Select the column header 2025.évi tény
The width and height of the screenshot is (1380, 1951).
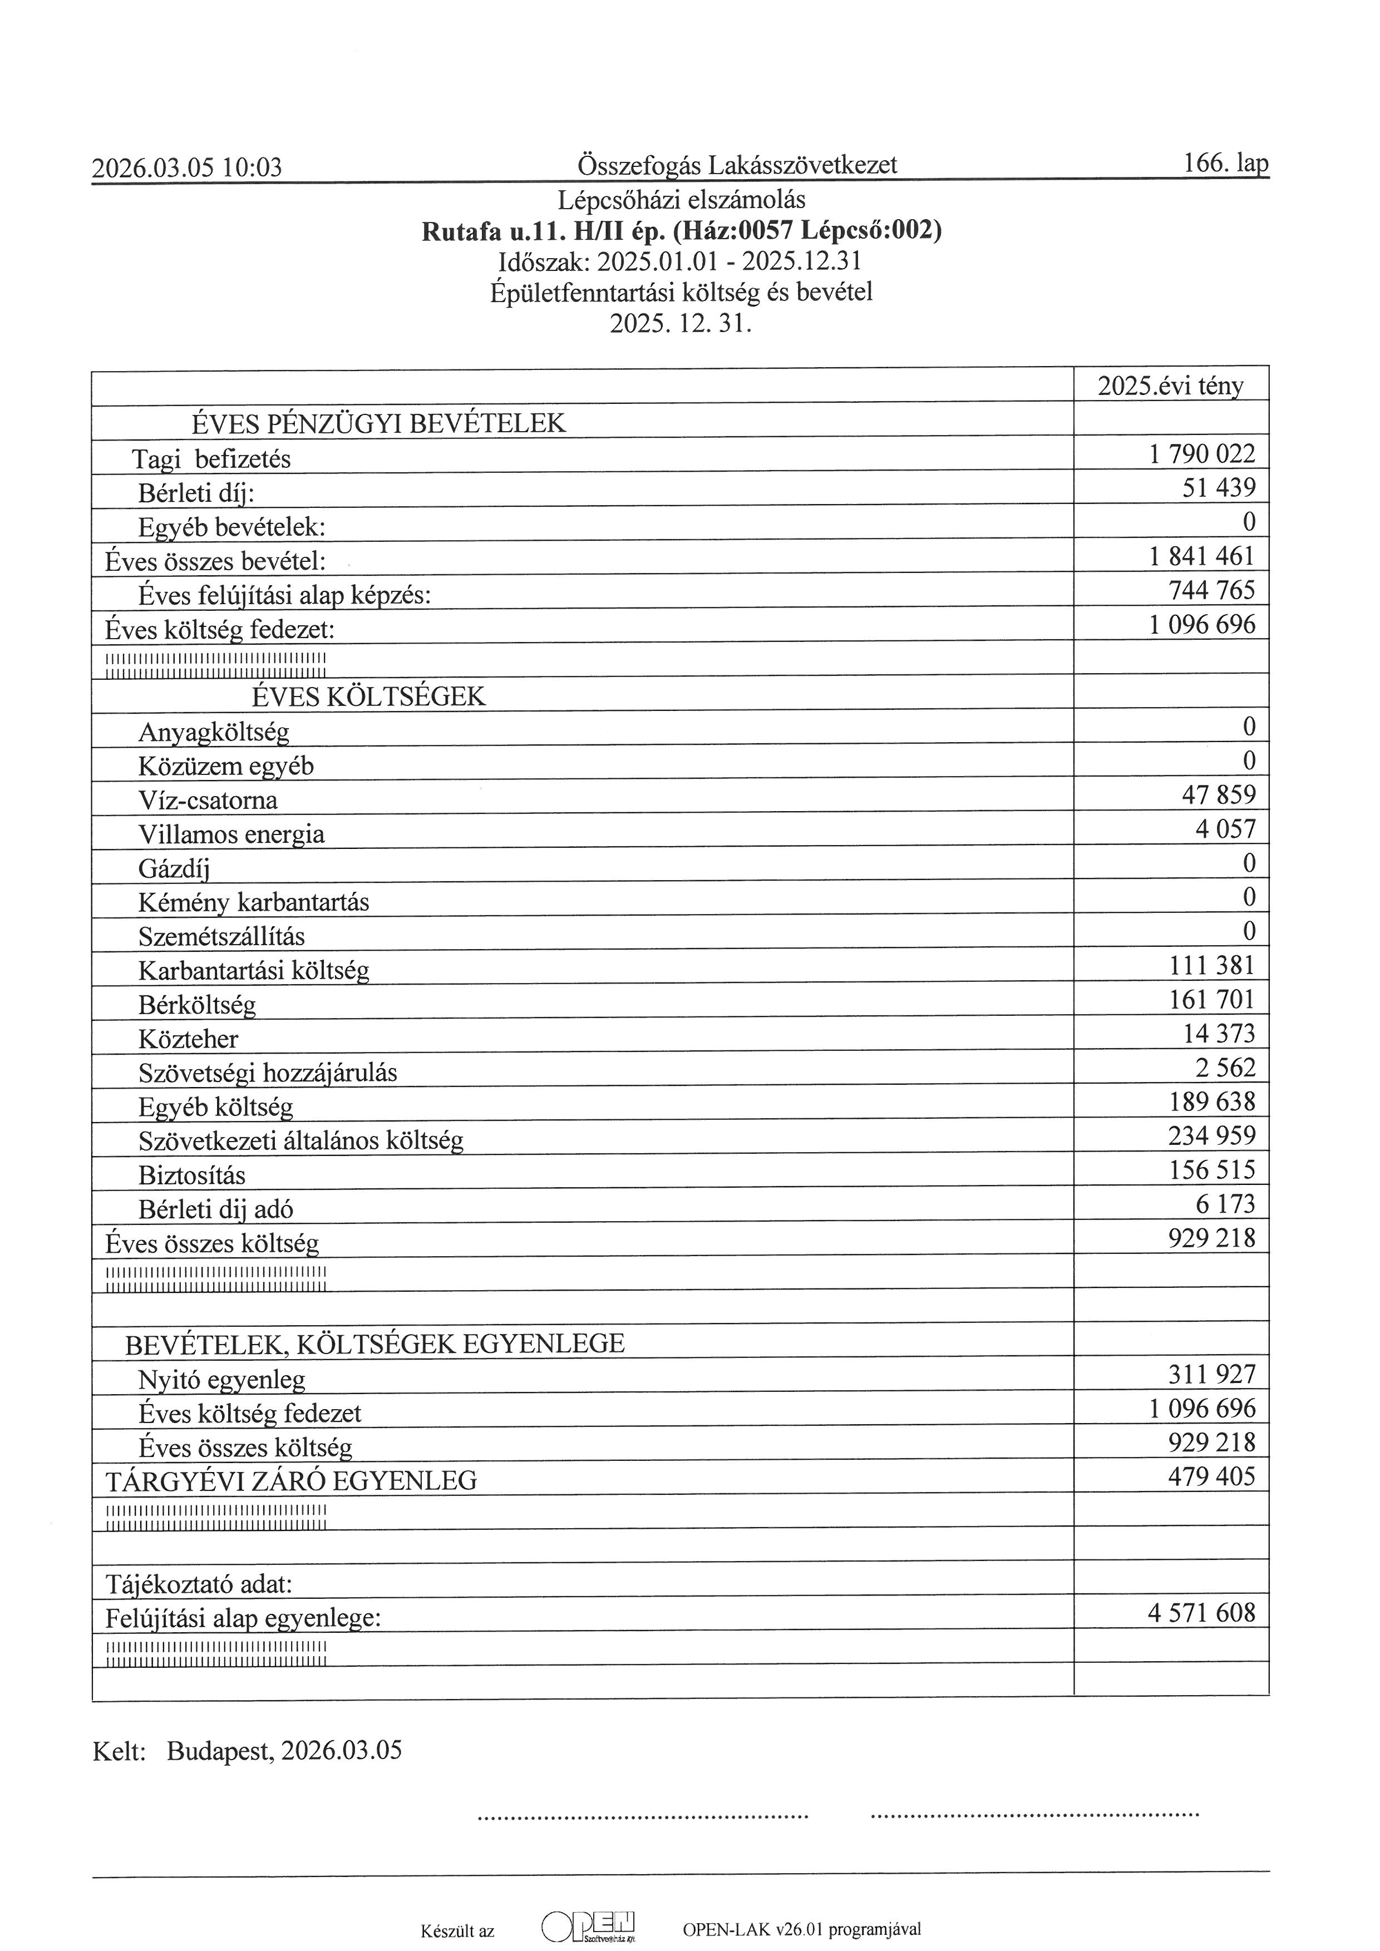coord(1170,387)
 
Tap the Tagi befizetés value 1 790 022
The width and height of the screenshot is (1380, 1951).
coord(1201,454)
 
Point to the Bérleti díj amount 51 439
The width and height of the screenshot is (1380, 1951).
coord(1219,488)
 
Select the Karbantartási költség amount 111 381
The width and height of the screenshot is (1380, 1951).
coord(1212,965)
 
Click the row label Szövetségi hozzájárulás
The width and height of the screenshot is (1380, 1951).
coord(268,1073)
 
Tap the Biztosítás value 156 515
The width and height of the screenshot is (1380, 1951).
coord(1212,1170)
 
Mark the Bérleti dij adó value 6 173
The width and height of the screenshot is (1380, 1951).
coord(1225,1204)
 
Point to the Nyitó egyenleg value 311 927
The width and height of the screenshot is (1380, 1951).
coord(1212,1375)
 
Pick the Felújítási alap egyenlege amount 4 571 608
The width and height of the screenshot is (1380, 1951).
coord(1201,1613)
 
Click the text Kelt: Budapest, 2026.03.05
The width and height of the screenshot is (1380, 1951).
coord(247,1751)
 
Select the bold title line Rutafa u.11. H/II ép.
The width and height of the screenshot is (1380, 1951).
coord(682,231)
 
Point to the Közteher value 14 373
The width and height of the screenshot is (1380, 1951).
coord(1219,1033)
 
